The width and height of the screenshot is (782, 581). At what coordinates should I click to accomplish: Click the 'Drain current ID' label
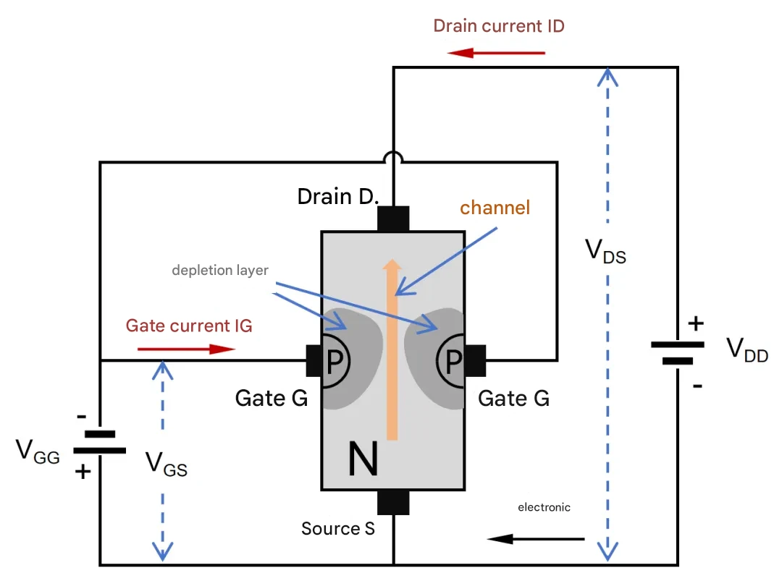499,26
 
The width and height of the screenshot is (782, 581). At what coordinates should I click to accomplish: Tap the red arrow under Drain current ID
496,52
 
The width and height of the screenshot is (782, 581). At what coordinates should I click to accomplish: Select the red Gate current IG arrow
186,349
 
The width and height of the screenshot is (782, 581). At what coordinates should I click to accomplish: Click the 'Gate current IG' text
189,326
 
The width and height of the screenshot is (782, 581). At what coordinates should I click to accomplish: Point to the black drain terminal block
393,219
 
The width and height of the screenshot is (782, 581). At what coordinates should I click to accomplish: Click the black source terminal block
393,502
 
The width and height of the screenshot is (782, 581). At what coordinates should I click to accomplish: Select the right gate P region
450,360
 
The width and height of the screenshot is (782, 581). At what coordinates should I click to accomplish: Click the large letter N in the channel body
363,459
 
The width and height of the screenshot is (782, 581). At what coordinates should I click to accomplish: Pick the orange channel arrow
392,349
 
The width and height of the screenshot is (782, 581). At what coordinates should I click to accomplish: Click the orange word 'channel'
495,208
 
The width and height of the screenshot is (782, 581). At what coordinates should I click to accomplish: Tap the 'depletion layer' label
220,270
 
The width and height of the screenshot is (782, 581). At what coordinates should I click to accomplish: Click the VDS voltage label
605,250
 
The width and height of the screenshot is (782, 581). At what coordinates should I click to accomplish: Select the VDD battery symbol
677,353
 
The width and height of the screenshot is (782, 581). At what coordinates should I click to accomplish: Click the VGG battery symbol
100,443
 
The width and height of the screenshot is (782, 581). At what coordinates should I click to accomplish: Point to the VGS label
166,464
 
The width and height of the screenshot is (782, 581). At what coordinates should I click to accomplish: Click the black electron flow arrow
535,538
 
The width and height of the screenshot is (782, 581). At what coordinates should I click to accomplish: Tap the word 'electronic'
544,507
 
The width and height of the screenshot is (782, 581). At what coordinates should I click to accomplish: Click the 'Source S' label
338,528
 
